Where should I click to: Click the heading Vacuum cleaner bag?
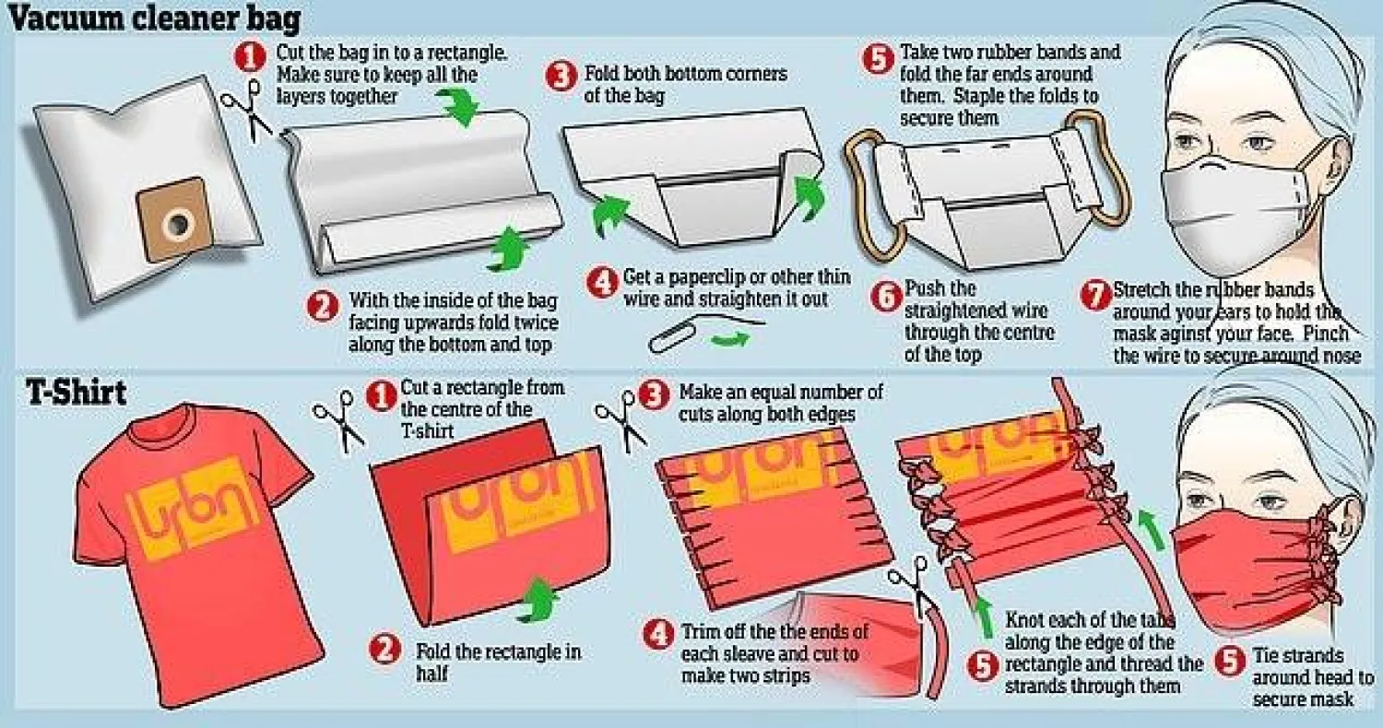(155, 18)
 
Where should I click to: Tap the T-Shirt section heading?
(76, 393)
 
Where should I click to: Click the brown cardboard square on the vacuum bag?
(171, 218)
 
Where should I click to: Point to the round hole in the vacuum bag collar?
(179, 223)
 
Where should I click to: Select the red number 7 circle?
(1095, 294)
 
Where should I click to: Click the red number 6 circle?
(886, 297)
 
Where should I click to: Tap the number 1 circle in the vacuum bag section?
(250, 57)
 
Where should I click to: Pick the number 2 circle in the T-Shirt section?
(384, 649)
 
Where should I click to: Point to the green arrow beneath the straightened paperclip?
(730, 339)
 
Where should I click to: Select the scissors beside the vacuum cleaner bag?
(248, 110)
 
